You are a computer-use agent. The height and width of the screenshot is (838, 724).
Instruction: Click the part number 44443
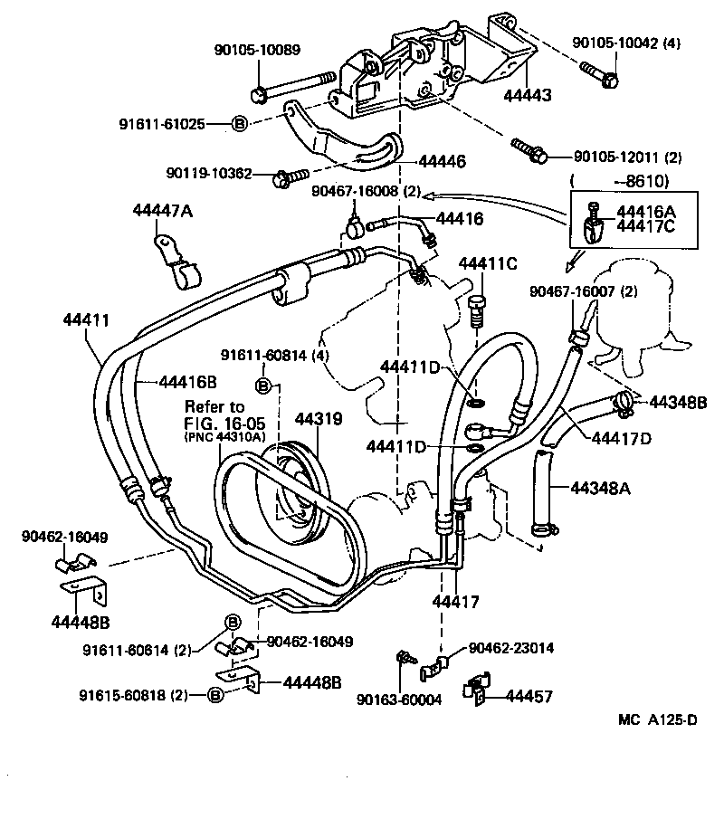529,94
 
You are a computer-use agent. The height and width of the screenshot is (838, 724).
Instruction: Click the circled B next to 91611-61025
240,123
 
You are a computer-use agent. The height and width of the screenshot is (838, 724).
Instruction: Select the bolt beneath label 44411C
480,309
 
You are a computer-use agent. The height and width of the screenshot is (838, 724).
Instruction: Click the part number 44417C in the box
647,228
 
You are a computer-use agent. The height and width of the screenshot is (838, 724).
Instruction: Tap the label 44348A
600,489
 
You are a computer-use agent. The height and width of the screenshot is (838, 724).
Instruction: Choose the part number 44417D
622,440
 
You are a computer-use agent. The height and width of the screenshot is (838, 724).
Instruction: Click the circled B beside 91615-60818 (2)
214,695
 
